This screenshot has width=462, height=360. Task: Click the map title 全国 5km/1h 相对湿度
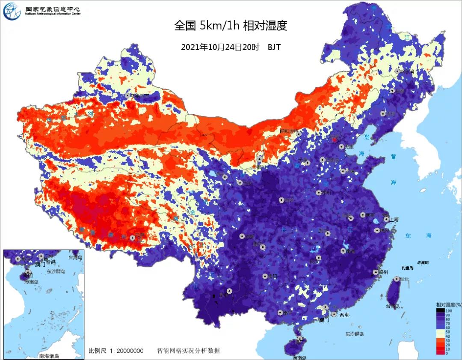(230, 26)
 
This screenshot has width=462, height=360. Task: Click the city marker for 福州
(376, 272)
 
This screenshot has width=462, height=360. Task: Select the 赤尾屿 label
(423, 262)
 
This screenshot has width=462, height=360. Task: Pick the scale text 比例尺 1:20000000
(115, 351)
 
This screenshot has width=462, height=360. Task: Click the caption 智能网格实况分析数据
(188, 351)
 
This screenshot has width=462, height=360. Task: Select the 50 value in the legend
(448, 332)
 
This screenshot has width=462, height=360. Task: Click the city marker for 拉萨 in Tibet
(132, 238)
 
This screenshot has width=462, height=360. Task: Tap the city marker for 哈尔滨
(397, 71)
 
